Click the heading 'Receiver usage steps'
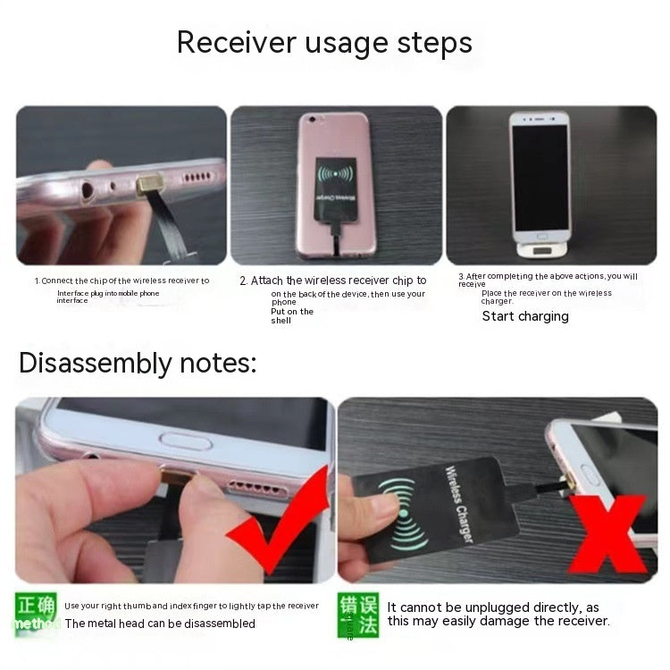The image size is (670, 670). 324,42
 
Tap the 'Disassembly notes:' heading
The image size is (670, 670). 138,363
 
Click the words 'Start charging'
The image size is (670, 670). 525,316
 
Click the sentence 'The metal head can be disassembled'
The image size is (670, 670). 160,624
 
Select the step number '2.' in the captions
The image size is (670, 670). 243,281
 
